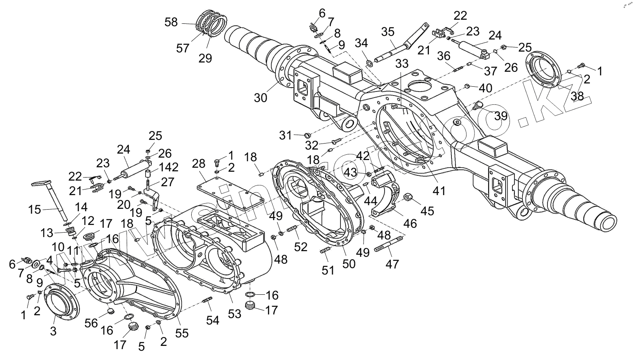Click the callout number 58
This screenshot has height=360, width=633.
(x=171, y=22)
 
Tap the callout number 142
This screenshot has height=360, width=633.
(x=169, y=167)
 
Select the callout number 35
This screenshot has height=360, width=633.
(x=388, y=31)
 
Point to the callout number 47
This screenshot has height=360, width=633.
(x=392, y=264)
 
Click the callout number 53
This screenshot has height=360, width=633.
(x=235, y=313)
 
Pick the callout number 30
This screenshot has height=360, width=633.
(x=261, y=98)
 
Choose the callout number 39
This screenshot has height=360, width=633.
(x=501, y=116)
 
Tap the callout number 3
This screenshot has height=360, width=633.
(x=53, y=331)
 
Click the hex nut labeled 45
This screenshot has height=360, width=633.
(x=408, y=198)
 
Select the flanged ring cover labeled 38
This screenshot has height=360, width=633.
(x=543, y=69)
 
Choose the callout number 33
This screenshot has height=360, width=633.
(x=402, y=63)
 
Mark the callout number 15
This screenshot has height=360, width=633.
(x=35, y=210)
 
